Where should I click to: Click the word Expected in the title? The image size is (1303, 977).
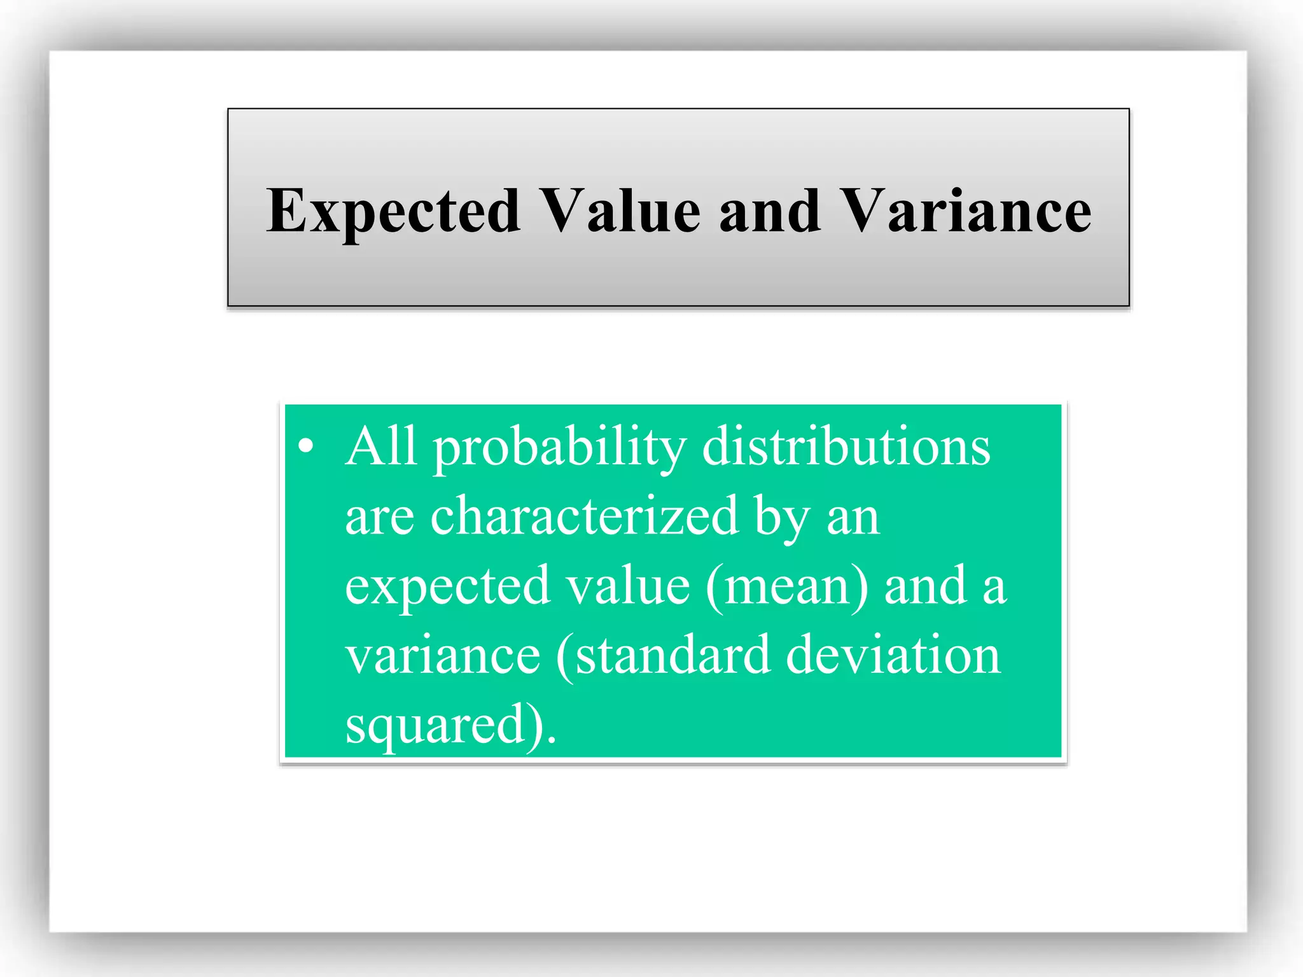coord(393,211)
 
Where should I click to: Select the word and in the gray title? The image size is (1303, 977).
coord(769,211)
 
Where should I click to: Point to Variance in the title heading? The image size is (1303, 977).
coord(965,211)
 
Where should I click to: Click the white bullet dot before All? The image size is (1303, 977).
coord(306,447)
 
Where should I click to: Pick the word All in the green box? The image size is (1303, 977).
coord(381,447)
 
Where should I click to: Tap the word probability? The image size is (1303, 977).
coord(560,449)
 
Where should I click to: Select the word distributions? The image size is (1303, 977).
coord(846,447)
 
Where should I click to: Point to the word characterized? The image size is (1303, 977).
coord(584,516)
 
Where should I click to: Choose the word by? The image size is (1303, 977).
coord(782,519)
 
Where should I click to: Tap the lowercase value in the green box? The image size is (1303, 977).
coord(628,586)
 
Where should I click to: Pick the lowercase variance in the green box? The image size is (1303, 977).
coord(443,656)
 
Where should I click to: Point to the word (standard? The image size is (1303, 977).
coord(662,656)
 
